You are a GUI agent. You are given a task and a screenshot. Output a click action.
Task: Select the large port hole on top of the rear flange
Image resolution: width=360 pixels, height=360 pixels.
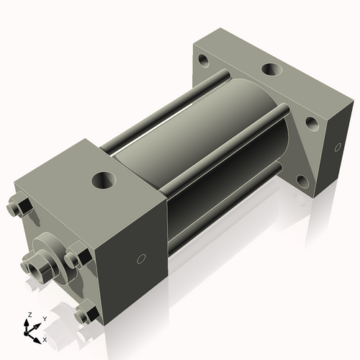pyautogui.click(x=271, y=70)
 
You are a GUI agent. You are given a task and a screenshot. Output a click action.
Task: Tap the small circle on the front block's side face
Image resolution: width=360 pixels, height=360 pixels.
pyautogui.click(x=142, y=258)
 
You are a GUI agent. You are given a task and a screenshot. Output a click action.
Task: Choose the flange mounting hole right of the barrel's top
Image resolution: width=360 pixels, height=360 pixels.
pyautogui.click(x=312, y=122)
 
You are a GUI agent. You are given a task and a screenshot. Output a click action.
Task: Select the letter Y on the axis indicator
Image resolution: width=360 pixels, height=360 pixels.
pyautogui.click(x=43, y=318)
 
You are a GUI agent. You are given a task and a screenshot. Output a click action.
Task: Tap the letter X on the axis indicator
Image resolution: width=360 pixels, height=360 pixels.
pyautogui.click(x=45, y=338)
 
